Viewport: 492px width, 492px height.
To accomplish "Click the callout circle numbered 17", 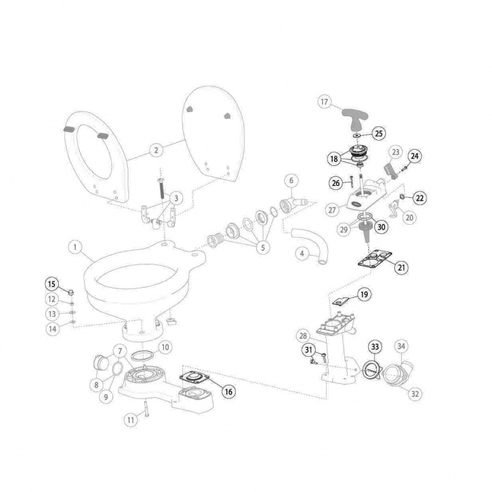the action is [325, 102].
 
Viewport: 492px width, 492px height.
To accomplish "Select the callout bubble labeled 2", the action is [156, 150].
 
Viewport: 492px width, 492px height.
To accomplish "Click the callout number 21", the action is [402, 267].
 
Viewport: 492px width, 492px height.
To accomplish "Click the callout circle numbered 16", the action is [229, 392].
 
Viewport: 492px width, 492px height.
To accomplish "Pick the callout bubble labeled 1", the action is [75, 247].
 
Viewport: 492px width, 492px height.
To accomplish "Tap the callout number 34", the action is [401, 346].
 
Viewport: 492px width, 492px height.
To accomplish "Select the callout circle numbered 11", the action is [131, 420].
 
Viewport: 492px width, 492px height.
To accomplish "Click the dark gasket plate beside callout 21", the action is [374, 260].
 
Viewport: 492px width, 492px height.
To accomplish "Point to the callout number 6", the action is [291, 180].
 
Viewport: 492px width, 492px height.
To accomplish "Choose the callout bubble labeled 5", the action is [262, 247].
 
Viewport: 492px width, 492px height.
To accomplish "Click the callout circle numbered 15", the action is [52, 284].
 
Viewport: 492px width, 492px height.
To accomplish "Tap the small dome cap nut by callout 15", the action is [71, 292].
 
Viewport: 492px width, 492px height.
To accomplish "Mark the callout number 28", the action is [303, 336].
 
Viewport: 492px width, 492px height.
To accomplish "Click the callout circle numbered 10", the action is [165, 347].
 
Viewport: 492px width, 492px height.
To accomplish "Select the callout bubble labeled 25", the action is [379, 133].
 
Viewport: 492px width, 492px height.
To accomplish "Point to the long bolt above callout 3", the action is [161, 188].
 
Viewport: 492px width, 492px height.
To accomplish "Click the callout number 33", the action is [375, 346].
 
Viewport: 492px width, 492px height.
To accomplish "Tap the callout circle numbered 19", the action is [364, 295].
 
